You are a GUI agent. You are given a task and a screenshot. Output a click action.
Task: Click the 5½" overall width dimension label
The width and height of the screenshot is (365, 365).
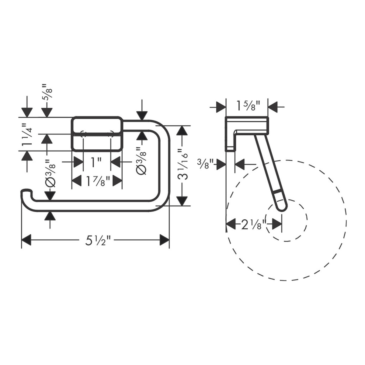[x=98, y=241]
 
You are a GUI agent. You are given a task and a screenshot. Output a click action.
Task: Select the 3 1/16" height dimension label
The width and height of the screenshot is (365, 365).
[x=182, y=165]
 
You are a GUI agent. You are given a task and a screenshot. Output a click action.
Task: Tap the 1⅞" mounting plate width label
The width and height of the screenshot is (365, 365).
[x=98, y=181]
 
